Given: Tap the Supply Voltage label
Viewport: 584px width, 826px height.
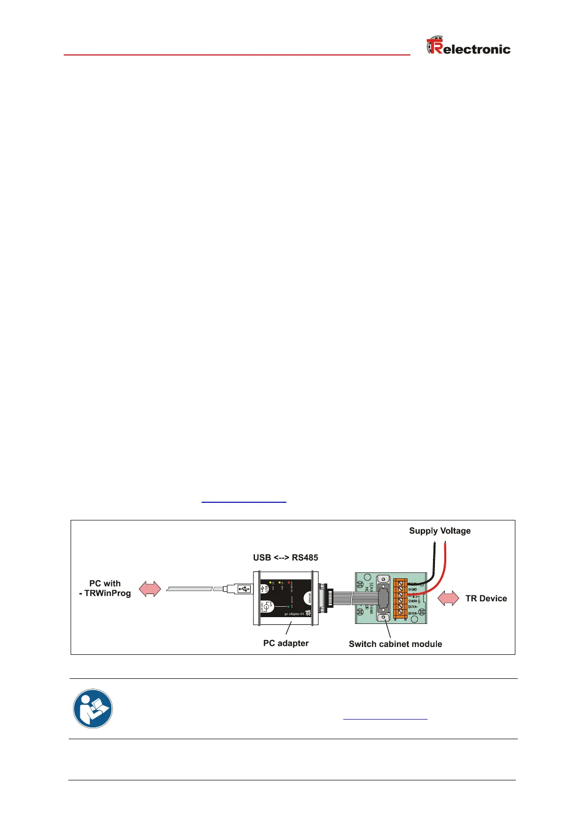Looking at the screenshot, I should click(x=439, y=531).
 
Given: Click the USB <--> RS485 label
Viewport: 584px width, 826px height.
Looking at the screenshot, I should click(x=285, y=557).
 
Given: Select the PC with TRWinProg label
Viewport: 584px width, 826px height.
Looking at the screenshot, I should click(x=105, y=588).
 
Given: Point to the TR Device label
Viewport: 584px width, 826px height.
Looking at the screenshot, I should click(x=485, y=598).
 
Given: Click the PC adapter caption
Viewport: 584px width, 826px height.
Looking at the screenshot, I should click(x=286, y=643).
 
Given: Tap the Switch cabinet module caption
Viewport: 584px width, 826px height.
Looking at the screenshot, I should click(x=395, y=644).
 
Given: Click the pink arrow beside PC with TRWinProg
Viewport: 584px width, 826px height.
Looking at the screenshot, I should click(x=150, y=589).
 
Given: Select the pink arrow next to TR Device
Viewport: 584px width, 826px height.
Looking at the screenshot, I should click(x=448, y=598).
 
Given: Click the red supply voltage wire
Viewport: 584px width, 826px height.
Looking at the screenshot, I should click(x=444, y=564).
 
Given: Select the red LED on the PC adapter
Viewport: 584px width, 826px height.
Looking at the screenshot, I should click(x=289, y=582).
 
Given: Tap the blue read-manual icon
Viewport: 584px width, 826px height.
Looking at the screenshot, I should click(x=93, y=709).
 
